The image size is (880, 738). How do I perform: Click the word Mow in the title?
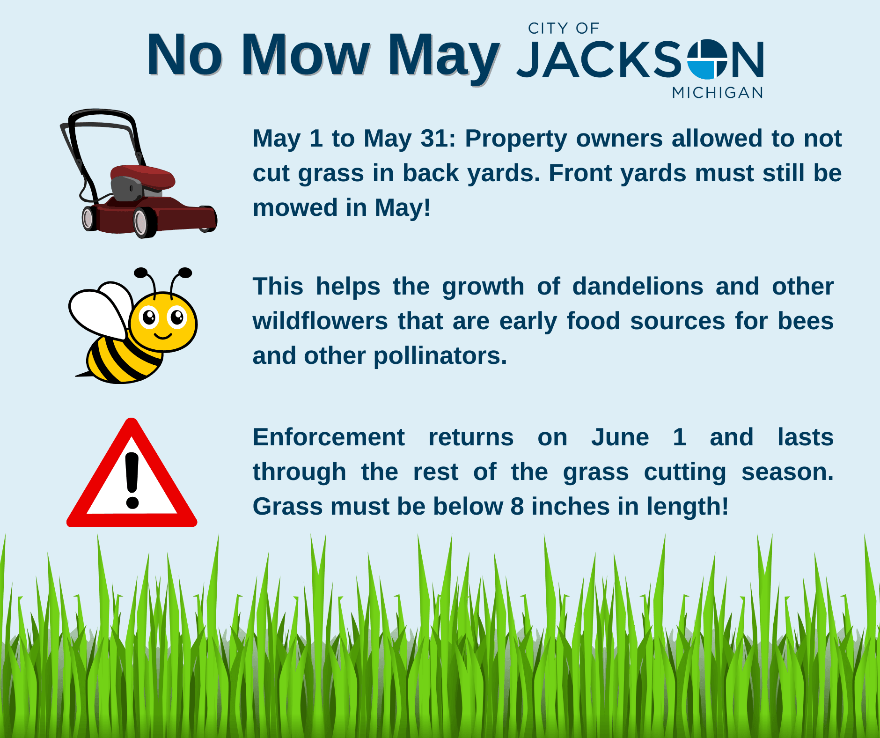(305, 55)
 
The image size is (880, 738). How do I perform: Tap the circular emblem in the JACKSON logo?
(706, 59)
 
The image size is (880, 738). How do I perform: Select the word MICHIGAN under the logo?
(718, 93)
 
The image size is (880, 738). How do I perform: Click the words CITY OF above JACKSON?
(564, 29)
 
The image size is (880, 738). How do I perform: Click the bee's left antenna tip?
(140, 273)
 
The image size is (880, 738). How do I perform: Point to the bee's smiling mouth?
(163, 336)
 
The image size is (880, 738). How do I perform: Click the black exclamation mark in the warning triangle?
(132, 480)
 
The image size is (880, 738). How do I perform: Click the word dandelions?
(638, 286)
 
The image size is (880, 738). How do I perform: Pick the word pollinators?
(440, 356)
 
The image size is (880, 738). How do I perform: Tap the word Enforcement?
(328, 437)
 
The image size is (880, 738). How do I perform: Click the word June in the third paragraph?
(620, 437)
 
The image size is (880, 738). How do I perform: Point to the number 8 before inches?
(517, 507)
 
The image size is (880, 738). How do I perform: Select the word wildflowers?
(320, 321)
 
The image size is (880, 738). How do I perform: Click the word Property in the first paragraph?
(516, 139)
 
